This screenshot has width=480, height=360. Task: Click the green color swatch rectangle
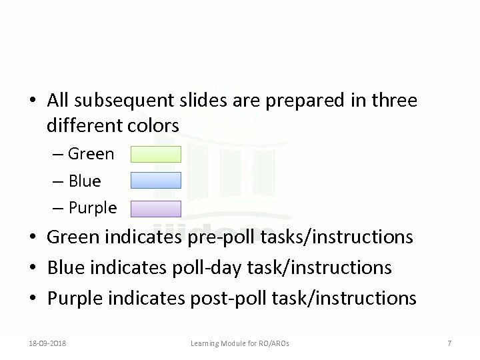click(155, 155)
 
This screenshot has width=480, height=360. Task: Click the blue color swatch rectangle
click(155, 181)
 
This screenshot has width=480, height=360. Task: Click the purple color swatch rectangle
click(155, 209)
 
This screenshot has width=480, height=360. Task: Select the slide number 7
click(449, 343)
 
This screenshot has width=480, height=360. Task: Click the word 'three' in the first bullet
click(395, 101)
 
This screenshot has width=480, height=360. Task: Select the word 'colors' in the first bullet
click(156, 125)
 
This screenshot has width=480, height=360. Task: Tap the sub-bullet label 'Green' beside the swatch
click(91, 155)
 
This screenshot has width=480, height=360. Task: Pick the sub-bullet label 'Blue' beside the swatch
click(85, 181)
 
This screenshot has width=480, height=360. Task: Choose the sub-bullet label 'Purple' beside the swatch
click(92, 208)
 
